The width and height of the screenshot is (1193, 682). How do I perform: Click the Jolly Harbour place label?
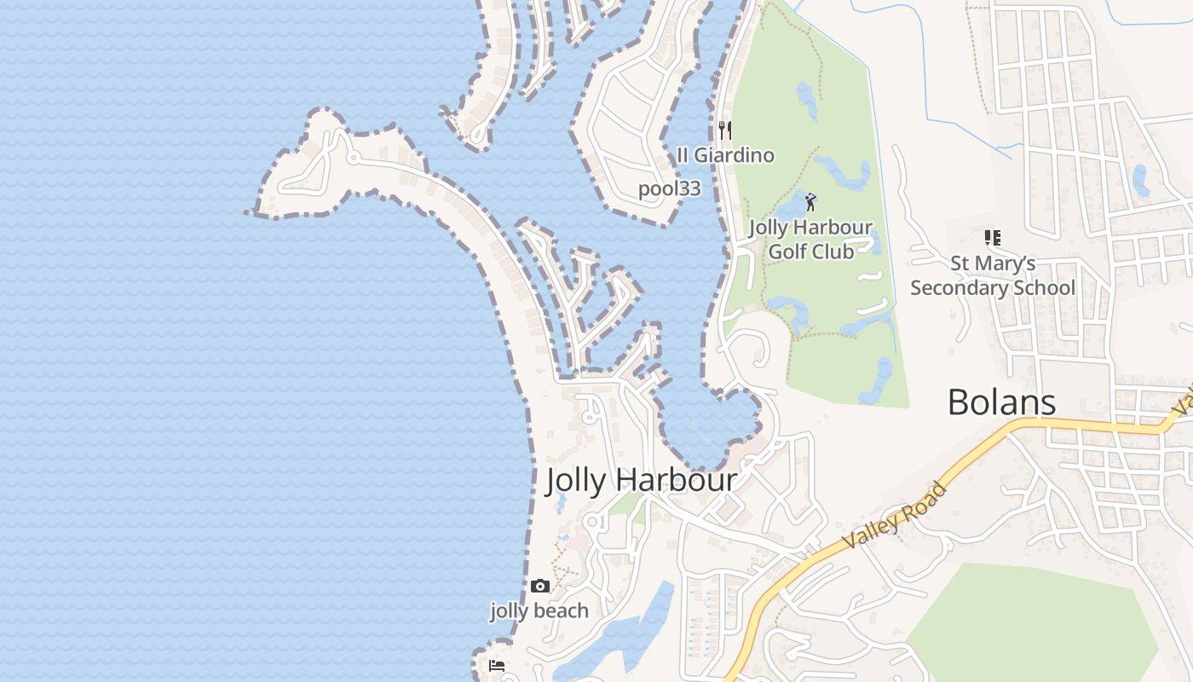coord(641,480)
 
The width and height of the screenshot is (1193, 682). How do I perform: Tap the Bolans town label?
coord(1001,402)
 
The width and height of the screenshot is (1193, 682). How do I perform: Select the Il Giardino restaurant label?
coord(725,155)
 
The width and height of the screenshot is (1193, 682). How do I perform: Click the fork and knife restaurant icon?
coord(725,130)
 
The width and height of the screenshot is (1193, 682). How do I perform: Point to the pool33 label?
coord(670,189)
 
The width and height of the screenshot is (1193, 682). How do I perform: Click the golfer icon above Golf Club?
coord(810,202)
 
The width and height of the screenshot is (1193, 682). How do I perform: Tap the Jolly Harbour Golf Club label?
coord(810,240)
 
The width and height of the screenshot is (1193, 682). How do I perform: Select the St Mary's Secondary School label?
coord(993,275)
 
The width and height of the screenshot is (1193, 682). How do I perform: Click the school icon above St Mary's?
coord(992,237)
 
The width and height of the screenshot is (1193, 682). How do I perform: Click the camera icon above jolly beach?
coord(539,586)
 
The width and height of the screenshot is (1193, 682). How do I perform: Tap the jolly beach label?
coord(539,610)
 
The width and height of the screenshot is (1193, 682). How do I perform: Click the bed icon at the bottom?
coord(497,665)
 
